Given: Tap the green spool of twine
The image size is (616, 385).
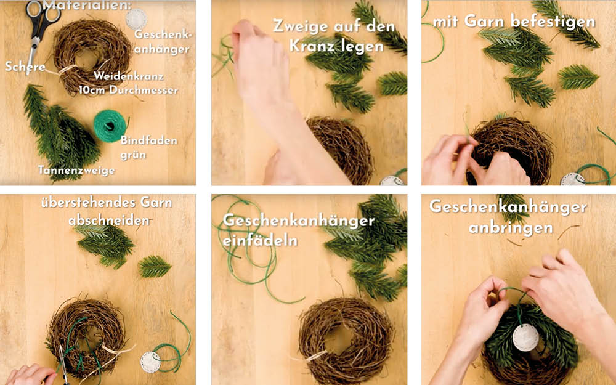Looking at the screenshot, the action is (110, 126).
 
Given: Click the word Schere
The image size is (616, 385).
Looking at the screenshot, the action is (25, 67).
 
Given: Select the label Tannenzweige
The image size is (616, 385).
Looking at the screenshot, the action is (76, 170).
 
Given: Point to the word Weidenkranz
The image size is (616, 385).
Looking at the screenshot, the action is (129, 76).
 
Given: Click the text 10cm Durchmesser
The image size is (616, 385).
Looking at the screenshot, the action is (128, 90).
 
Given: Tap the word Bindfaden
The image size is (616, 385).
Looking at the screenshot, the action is (149, 140).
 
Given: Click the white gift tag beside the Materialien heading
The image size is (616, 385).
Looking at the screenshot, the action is (136, 18).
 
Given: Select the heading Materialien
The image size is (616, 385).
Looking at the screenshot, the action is (87, 5).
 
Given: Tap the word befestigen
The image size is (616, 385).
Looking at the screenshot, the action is (553, 22).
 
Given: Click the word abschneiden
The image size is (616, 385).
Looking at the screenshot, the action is (109, 220).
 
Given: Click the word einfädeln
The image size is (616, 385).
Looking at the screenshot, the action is (260, 240).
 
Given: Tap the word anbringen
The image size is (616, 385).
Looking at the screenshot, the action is (511, 228).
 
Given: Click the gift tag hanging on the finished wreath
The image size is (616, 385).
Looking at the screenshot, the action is (525, 338).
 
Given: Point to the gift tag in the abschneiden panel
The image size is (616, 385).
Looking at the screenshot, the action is (151, 362).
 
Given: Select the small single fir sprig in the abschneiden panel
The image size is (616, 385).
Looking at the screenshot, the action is (155, 266).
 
